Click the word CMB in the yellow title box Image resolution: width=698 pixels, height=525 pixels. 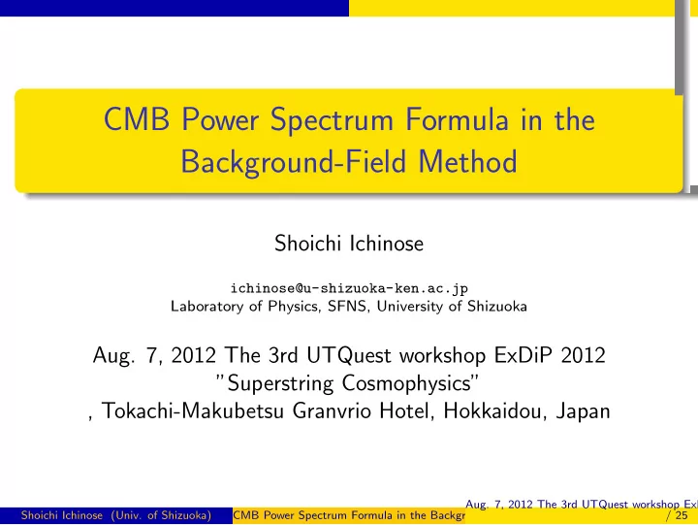tap(137, 119)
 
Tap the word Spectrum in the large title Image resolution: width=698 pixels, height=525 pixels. tap(332, 121)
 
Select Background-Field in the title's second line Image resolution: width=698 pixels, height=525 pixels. tap(294, 162)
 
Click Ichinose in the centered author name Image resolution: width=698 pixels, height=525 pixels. tap(387, 244)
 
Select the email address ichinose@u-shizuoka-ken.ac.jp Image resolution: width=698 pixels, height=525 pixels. tap(349, 289)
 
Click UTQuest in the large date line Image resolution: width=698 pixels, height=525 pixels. tap(349, 355)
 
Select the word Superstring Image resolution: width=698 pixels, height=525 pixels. tap(280, 383)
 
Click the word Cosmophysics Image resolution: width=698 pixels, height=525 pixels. tap(406, 383)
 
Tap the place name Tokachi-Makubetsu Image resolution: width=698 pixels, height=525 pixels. tap(193, 410)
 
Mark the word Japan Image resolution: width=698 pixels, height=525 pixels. tap(584, 410)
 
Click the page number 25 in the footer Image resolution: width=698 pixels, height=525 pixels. tap(682, 515)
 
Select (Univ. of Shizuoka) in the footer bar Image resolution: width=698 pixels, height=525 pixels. tap(161, 515)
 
